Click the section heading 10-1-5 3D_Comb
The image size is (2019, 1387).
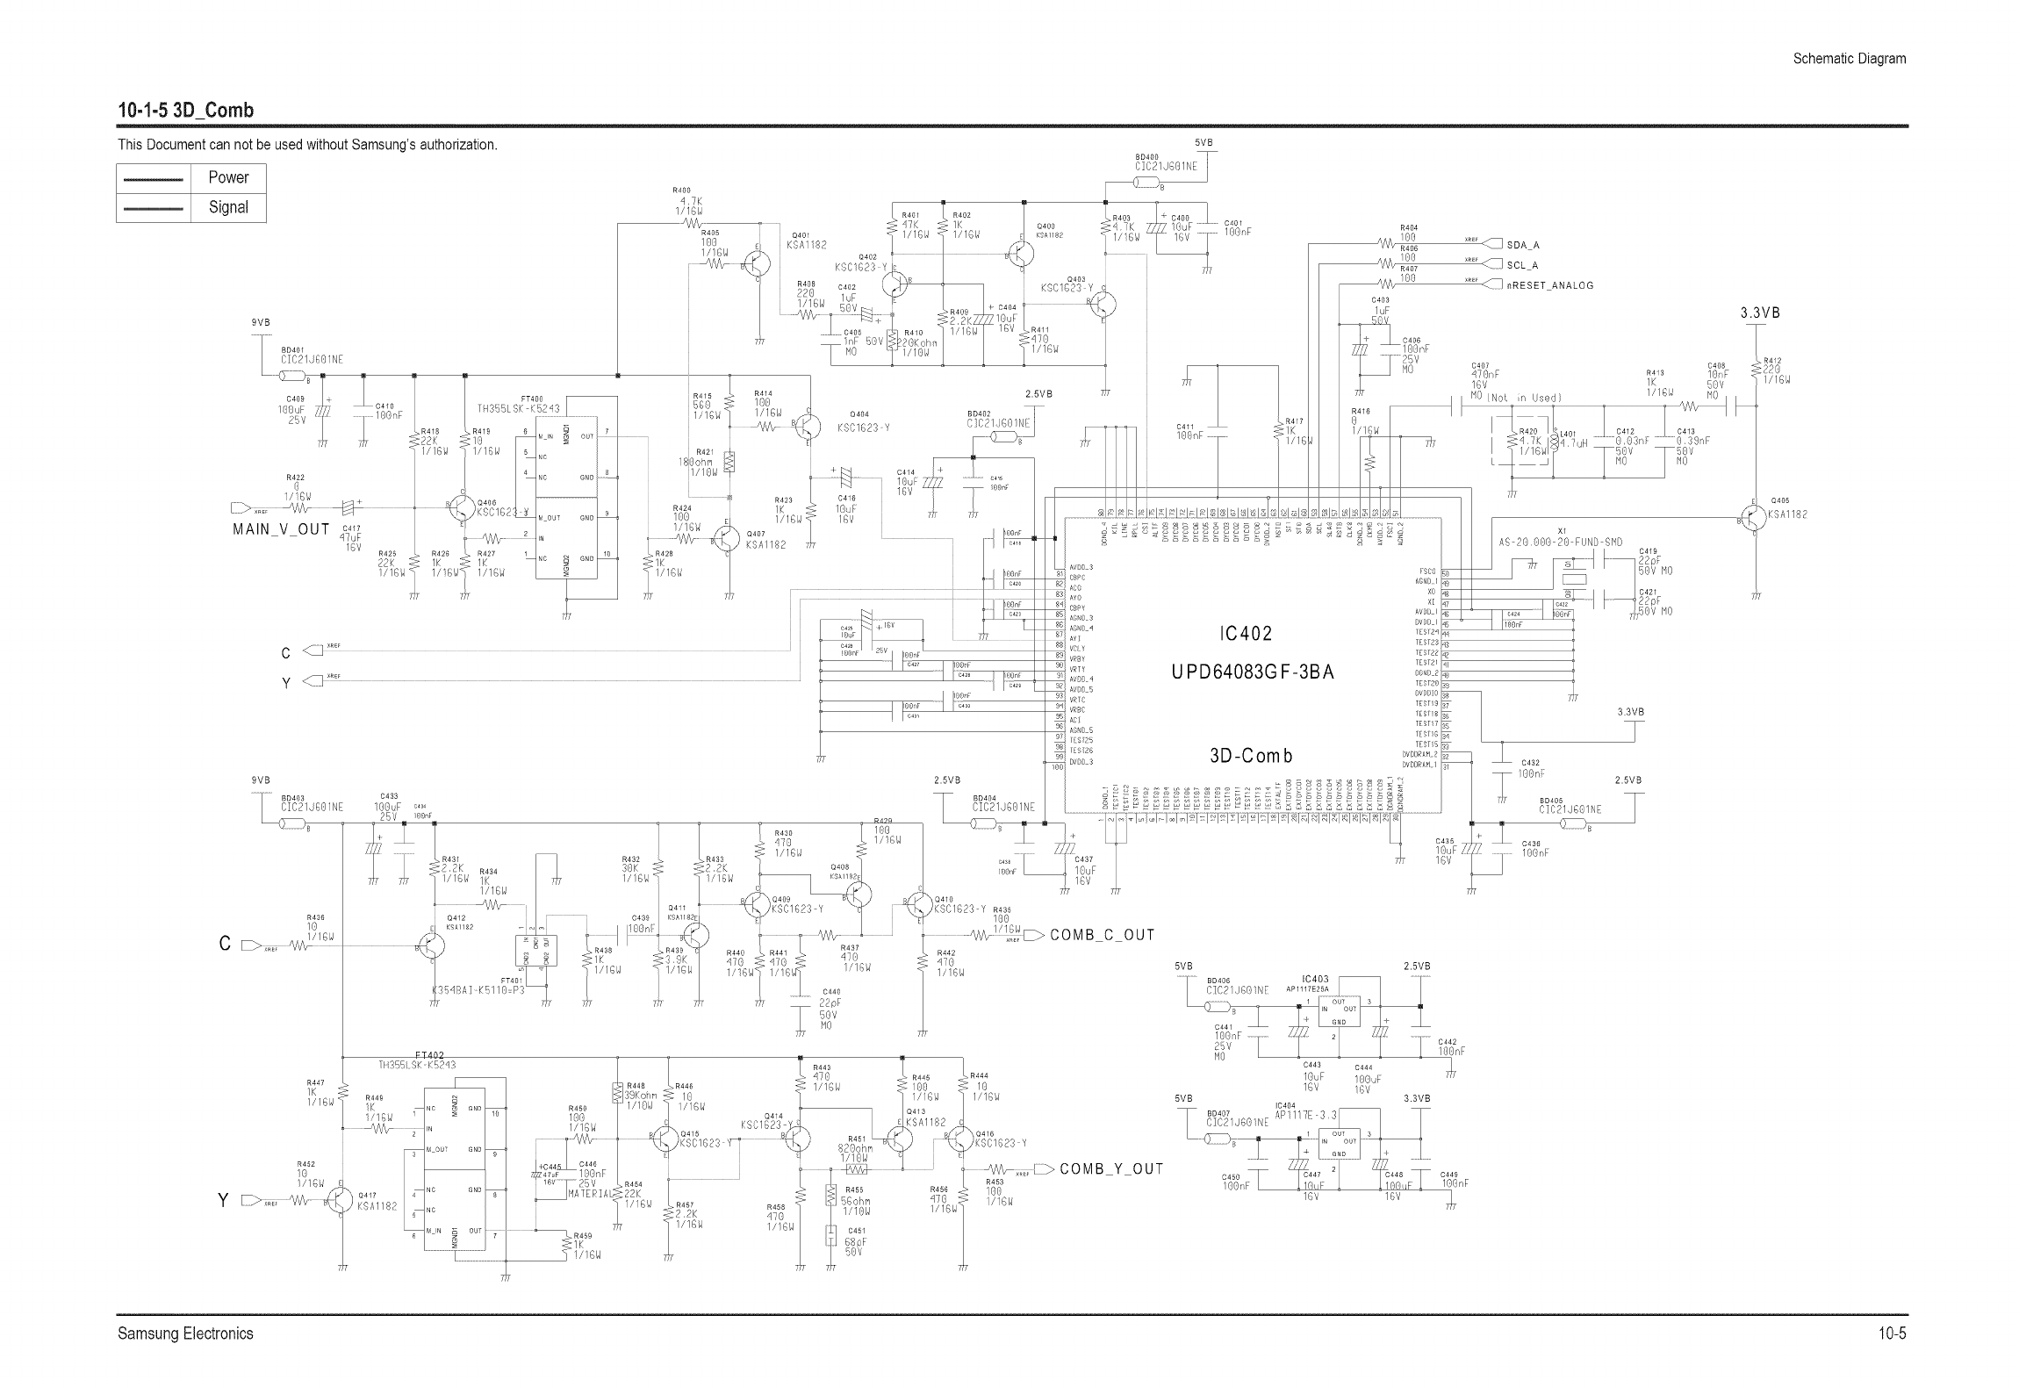click(186, 111)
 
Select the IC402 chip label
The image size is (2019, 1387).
click(1245, 634)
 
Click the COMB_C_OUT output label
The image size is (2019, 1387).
click(1102, 935)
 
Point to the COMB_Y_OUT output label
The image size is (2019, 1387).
click(1111, 1169)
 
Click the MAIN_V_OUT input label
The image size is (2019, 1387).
click(281, 529)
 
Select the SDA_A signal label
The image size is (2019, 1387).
click(1523, 245)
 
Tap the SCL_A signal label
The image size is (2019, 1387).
click(1522, 265)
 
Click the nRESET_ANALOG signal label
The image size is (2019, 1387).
click(1549, 285)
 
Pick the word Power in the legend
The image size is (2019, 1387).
click(228, 177)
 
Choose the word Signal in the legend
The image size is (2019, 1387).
click(228, 208)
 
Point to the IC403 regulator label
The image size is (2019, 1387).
click(1315, 979)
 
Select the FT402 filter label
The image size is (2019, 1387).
click(429, 1055)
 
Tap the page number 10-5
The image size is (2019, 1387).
click(1893, 1333)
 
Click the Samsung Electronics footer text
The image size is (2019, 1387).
click(185, 1333)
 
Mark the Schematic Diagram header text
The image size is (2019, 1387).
click(1849, 59)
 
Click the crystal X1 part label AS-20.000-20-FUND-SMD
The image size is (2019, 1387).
click(1560, 543)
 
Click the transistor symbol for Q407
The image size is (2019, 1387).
click(727, 538)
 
